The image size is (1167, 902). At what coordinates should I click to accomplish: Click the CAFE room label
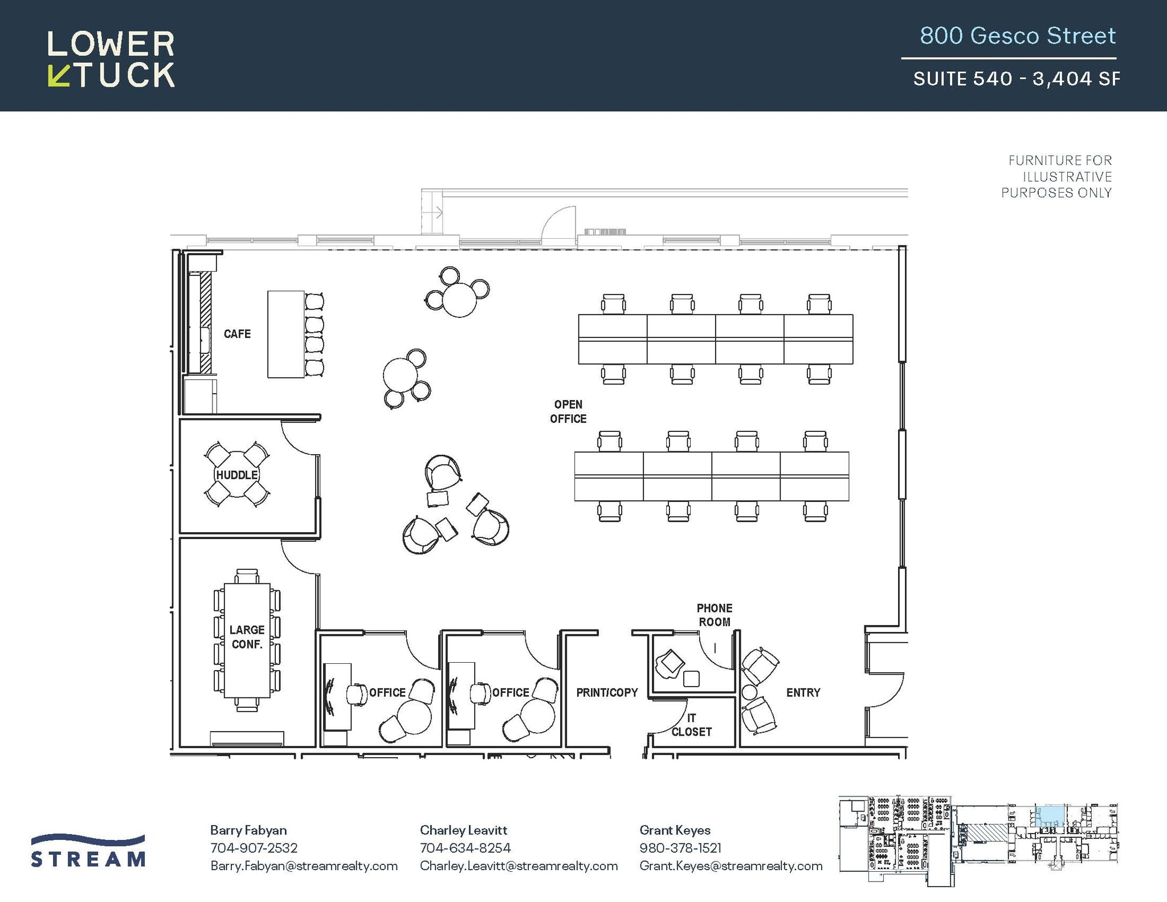pos(237,334)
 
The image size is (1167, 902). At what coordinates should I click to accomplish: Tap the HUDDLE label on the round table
pos(237,475)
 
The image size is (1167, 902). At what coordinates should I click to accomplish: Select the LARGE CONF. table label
pos(247,636)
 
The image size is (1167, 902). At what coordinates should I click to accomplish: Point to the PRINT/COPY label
pos(607,692)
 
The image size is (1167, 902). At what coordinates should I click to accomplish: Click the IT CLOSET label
pos(691,725)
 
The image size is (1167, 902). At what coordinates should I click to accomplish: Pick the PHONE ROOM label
pos(715,615)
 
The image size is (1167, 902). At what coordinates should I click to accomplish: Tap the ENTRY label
pos(803,692)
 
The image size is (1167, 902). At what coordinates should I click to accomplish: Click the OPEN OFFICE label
pos(568,411)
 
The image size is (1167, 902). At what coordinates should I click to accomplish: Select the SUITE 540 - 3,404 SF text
pos(1016,79)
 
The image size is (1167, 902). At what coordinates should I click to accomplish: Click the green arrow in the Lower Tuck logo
pos(58,76)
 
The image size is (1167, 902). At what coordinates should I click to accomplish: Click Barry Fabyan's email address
pos(304,866)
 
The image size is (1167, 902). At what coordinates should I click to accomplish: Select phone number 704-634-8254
pos(465,848)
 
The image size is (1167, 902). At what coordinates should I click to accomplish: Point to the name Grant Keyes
pos(675,830)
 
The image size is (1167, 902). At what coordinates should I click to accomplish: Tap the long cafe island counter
pos(285,334)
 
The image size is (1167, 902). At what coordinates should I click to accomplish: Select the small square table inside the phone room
pos(691,679)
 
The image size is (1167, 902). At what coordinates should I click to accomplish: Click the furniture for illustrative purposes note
pos(1058,177)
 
